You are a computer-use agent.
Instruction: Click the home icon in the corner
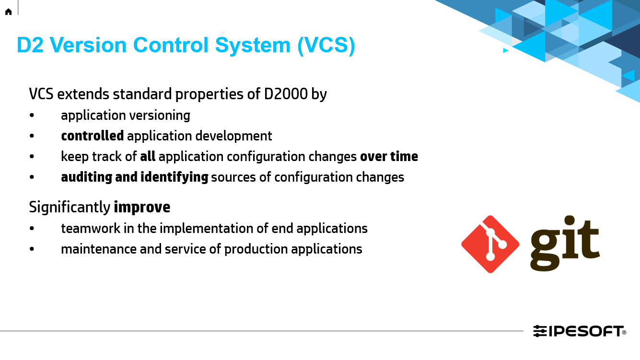[x=8, y=12]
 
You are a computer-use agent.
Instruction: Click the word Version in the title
[x=88, y=45]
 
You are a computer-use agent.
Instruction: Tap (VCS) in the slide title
[x=326, y=46]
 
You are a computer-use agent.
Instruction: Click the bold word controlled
[x=93, y=136]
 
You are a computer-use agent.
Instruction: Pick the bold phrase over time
[x=389, y=157]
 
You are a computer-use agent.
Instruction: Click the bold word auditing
[x=87, y=177]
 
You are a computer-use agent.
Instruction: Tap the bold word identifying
[x=175, y=177]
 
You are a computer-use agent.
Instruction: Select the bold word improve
[x=142, y=208]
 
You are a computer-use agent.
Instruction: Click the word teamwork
[x=91, y=229]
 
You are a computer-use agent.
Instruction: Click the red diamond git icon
[x=490, y=244]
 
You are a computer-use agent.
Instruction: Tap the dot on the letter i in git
[x=570, y=221]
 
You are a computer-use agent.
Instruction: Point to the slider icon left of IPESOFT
[x=540, y=331]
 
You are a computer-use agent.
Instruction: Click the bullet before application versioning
[x=32, y=116]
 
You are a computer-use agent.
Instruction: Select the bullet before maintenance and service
[x=32, y=249]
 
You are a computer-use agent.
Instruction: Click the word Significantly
[x=70, y=208]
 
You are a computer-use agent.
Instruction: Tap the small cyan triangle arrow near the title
[x=505, y=50]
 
